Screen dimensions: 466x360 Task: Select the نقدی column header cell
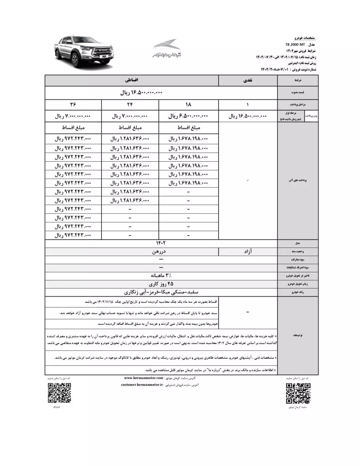[x=248, y=81]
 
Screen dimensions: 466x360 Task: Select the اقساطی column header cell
[x=131, y=80]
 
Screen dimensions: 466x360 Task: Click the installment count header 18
[x=188, y=105]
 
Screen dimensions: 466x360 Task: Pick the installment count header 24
[x=130, y=105]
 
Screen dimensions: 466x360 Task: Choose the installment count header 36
[x=73, y=105]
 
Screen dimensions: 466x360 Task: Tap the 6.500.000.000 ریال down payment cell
[x=188, y=116]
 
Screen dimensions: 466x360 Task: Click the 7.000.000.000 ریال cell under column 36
[x=73, y=116]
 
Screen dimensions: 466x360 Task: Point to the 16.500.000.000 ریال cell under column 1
[x=248, y=116]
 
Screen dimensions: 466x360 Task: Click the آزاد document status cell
[x=248, y=252]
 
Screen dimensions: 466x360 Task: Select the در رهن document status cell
[x=161, y=252]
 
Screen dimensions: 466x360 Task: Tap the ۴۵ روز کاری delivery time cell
[x=161, y=284]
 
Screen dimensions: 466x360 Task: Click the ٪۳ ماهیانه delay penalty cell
[x=161, y=276]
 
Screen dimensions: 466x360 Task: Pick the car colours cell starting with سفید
[x=161, y=292]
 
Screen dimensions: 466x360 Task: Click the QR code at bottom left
[x=59, y=393]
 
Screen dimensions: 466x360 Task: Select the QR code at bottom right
[x=298, y=393]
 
